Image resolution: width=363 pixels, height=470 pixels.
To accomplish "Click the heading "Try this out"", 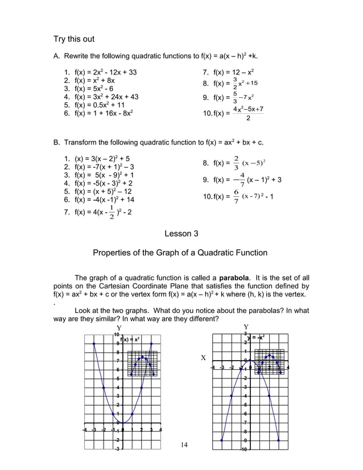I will click(x=74, y=39).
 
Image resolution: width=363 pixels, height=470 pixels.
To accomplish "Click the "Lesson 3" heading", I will click(x=181, y=233).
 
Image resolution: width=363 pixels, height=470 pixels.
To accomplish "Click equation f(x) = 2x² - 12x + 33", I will click(x=100, y=73).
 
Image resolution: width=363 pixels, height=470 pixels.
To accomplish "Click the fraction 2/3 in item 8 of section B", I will click(x=236, y=163).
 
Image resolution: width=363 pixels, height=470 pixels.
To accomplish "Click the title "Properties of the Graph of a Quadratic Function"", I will click(x=180, y=253).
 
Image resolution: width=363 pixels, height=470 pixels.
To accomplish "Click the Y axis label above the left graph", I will click(x=119, y=328).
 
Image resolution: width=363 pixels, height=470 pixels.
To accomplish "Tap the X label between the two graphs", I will click(x=203, y=358).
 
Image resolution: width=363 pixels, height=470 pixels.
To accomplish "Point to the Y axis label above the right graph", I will click(x=246, y=327).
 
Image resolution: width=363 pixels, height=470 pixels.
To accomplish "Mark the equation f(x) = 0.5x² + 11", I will click(x=94, y=105).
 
